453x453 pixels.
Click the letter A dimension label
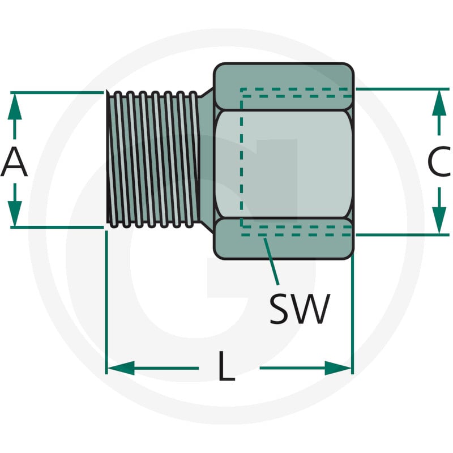pyautogui.click(x=14, y=162)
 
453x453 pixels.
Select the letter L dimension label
pyautogui.click(x=226, y=366)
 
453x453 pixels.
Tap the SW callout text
pyautogui.click(x=300, y=309)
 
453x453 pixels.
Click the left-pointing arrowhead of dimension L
pyautogui.click(x=121, y=368)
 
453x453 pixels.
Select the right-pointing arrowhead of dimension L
pyautogui.click(x=338, y=368)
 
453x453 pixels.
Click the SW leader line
pyautogui.click(x=271, y=262)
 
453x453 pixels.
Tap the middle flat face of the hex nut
pyautogui.click(x=284, y=164)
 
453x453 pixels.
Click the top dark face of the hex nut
pyautogui.click(x=284, y=87)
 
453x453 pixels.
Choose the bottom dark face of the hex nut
pyautogui.click(x=284, y=238)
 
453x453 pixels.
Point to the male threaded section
pyautogui.click(x=153, y=160)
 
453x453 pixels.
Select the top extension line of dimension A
pyautogui.click(x=57, y=92)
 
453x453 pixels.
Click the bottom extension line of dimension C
pyautogui.click(x=403, y=235)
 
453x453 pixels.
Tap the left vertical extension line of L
pyautogui.click(x=106, y=302)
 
